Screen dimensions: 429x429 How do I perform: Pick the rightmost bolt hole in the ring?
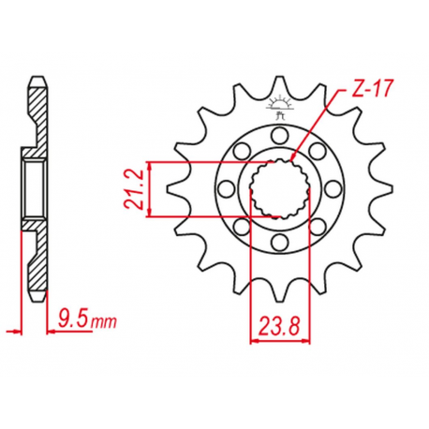(x=332, y=190)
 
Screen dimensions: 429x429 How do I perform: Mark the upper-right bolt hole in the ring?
(x=316, y=153)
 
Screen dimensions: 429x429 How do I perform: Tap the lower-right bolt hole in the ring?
(x=316, y=229)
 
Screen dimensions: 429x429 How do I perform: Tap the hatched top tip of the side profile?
(x=37, y=89)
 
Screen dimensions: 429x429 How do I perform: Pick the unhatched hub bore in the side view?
(x=34, y=188)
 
